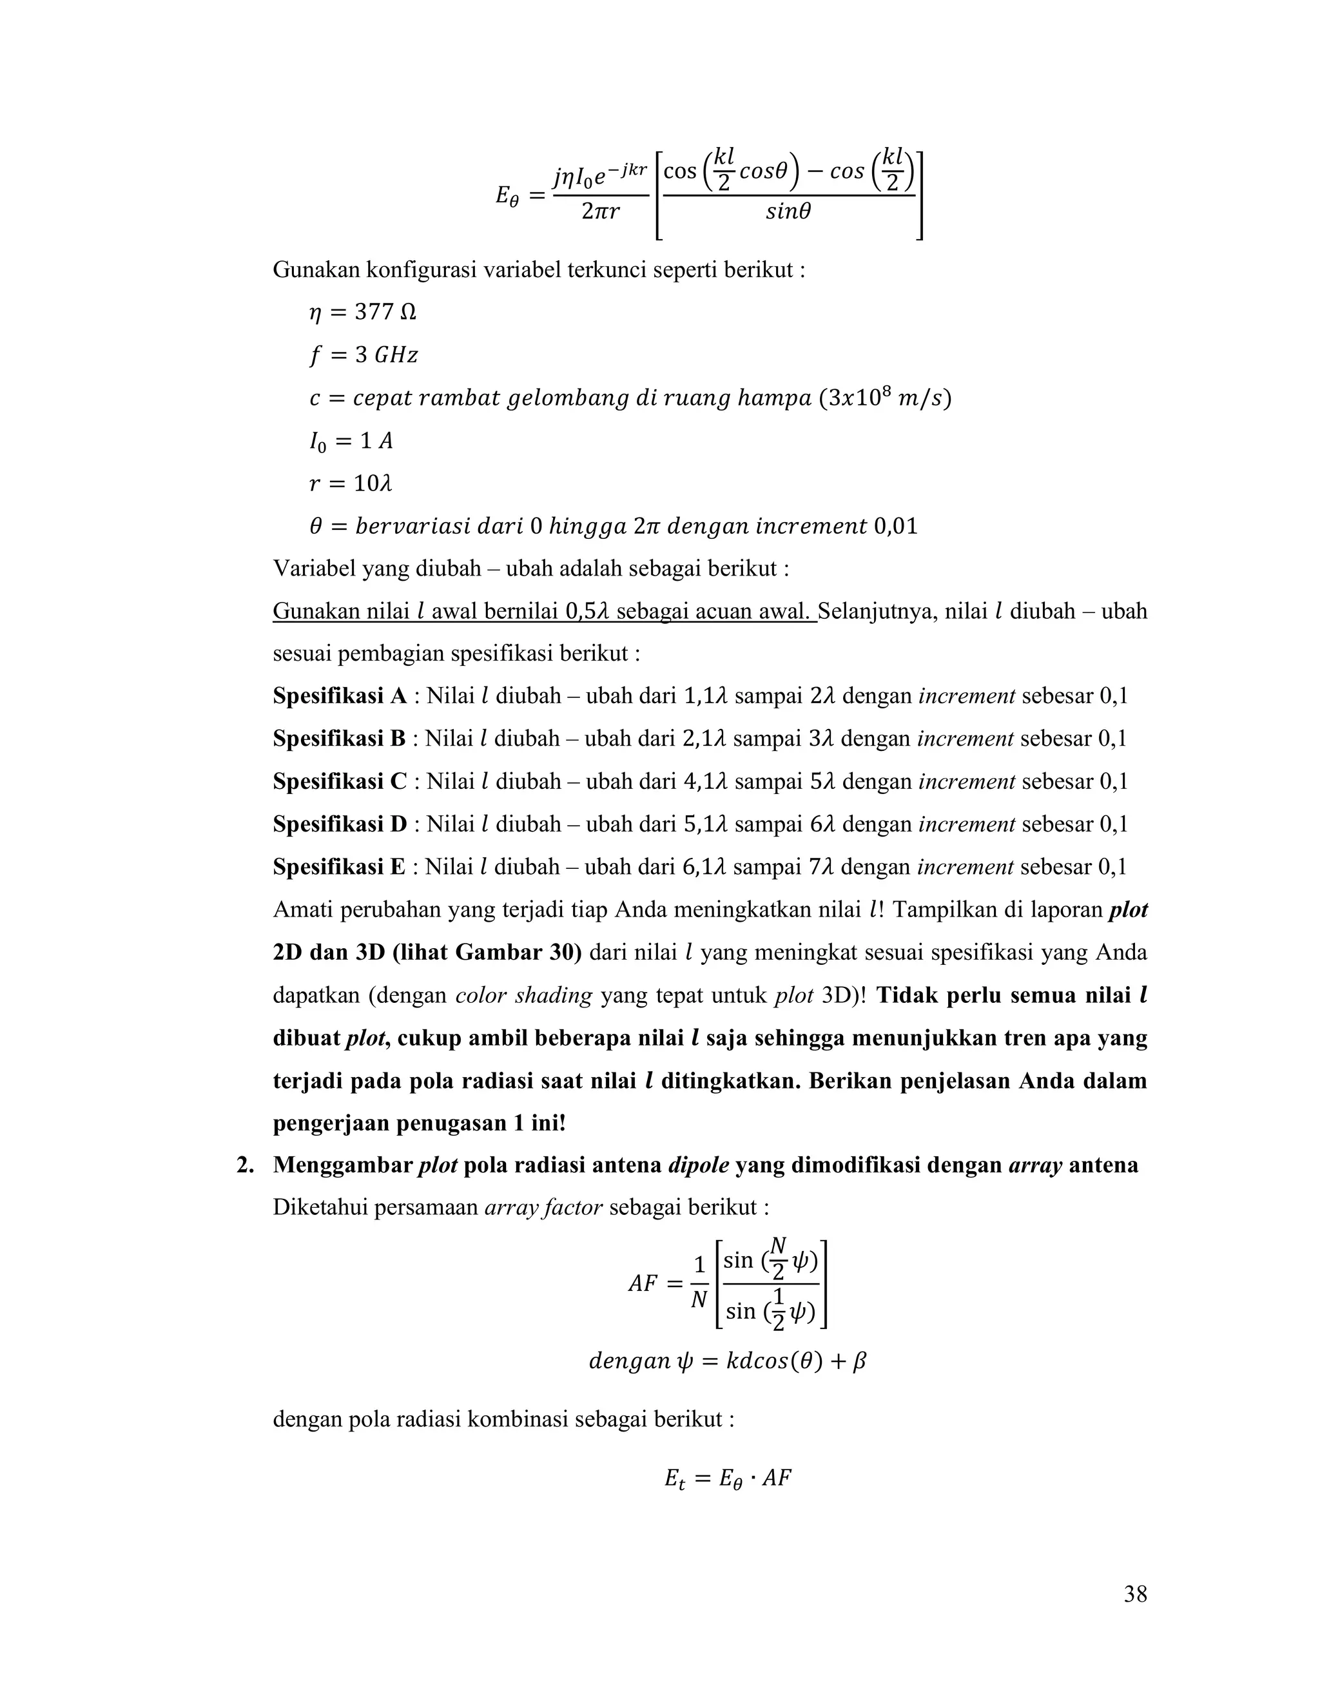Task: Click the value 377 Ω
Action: point(385,313)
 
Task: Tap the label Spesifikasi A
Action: point(340,696)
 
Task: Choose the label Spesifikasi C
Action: point(340,781)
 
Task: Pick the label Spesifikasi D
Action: point(340,824)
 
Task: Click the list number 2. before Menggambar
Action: point(246,1165)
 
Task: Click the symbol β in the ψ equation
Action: point(859,1361)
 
